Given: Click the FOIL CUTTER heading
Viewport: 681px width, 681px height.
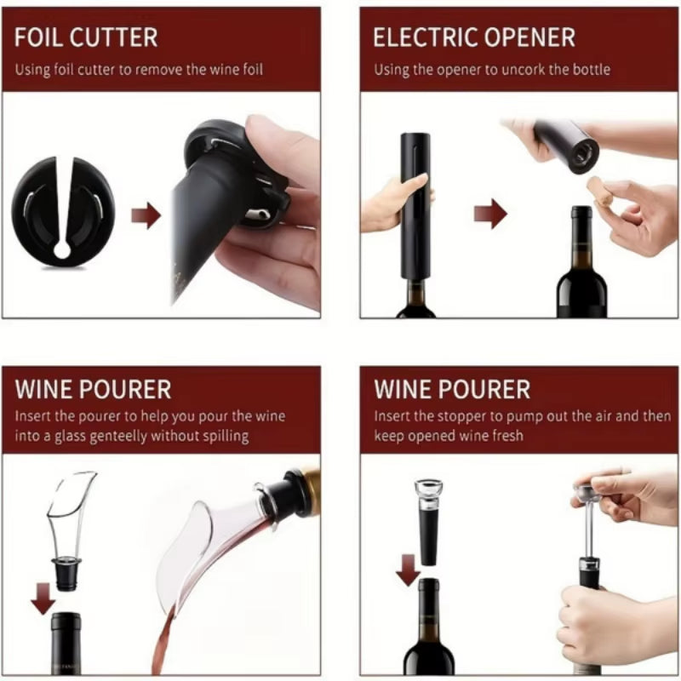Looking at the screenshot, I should [86, 37].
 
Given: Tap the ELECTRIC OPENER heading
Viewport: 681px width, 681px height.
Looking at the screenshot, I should [474, 37].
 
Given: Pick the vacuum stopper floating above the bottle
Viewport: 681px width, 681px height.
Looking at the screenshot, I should [428, 519].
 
